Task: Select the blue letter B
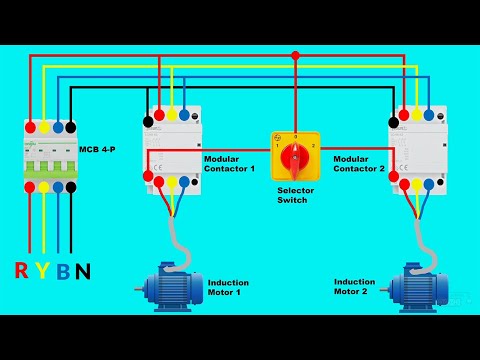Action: [x=62, y=270]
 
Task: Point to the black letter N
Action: [x=84, y=270]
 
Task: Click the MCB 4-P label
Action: [x=98, y=149]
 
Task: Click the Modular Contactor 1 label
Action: [x=229, y=163]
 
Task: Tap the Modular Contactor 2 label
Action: [x=358, y=163]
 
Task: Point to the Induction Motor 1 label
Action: [x=228, y=288]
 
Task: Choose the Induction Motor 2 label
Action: [x=355, y=287]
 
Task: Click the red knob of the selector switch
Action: [x=295, y=157]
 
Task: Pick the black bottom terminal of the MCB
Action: [x=71, y=185]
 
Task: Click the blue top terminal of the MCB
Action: [x=57, y=127]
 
